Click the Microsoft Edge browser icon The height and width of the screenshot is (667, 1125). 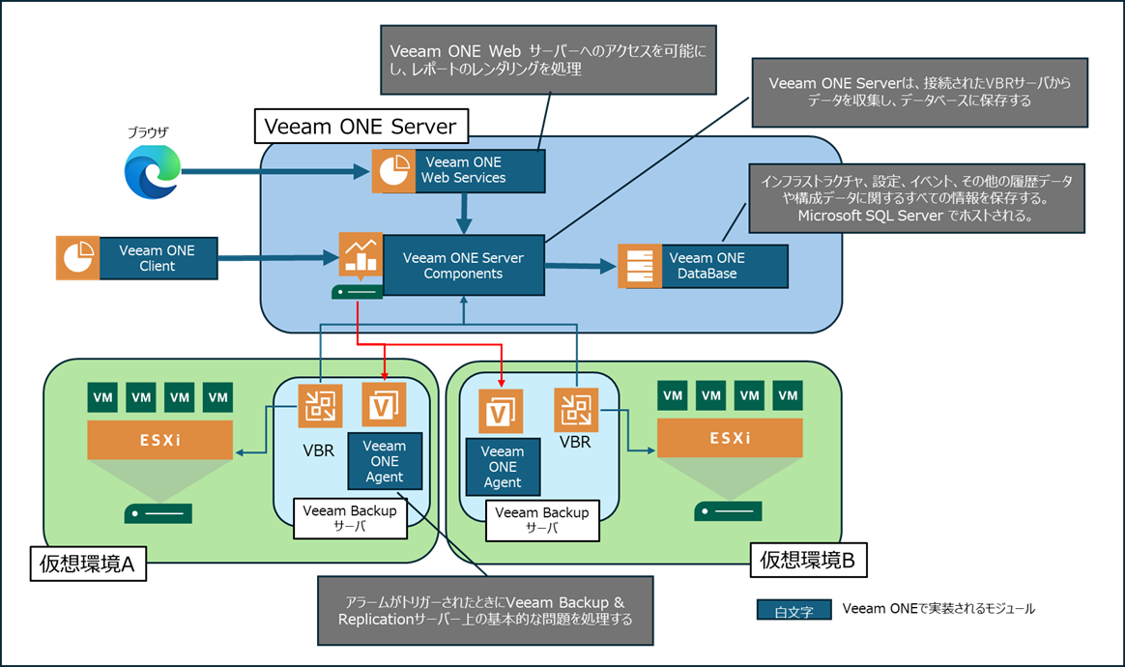pyautogui.click(x=153, y=172)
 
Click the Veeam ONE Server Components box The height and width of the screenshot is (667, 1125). pyautogui.click(x=463, y=266)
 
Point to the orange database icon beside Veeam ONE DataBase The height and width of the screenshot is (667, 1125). pyautogui.click(x=640, y=266)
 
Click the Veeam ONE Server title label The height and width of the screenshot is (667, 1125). pyautogui.click(x=361, y=126)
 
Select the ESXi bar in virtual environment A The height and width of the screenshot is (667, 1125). pyautogui.click(x=160, y=440)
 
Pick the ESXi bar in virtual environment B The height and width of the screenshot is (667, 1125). pyautogui.click(x=730, y=438)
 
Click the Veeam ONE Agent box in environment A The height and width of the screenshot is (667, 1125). pyautogui.click(x=385, y=462)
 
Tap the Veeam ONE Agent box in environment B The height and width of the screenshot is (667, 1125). pyautogui.click(x=503, y=467)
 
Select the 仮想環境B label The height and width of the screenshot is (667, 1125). pyautogui.click(x=807, y=558)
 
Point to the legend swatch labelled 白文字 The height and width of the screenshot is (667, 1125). pyautogui.click(x=793, y=610)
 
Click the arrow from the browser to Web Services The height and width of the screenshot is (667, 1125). pyautogui.click(x=275, y=174)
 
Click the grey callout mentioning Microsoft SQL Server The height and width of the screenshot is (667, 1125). pyautogui.click(x=917, y=197)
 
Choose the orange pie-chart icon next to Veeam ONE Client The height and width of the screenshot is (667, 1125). pyautogui.click(x=77, y=258)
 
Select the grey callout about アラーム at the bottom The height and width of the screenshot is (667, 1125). pyautogui.click(x=485, y=610)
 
